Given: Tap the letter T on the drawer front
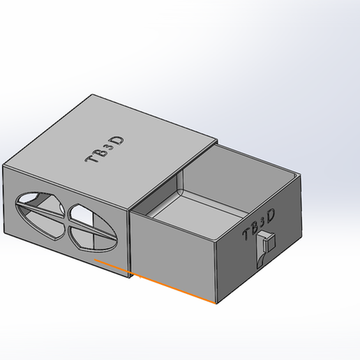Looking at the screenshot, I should click(x=247, y=232).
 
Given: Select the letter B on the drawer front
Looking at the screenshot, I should click(x=256, y=226).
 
